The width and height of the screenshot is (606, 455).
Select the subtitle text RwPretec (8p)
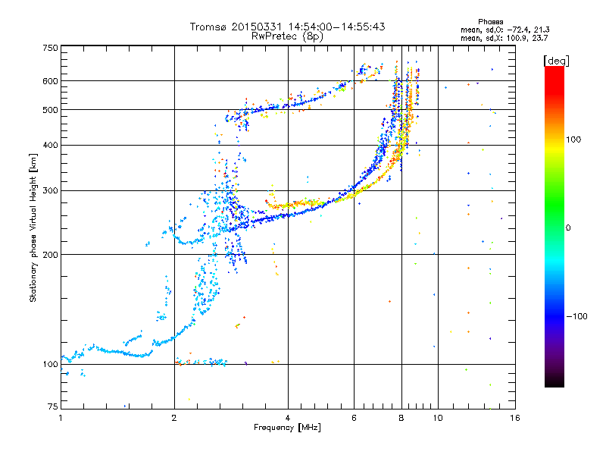point(287,36)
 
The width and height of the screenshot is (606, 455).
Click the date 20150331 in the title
point(257,27)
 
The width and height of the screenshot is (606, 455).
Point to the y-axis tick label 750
point(50,48)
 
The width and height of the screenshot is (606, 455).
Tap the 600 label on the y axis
point(50,81)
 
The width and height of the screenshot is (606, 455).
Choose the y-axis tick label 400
point(50,145)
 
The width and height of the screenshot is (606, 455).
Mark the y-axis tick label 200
point(50,255)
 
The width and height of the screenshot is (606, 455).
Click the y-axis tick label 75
point(53,406)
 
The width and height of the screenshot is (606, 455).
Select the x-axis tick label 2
point(174,418)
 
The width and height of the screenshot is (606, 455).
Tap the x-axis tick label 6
point(354,418)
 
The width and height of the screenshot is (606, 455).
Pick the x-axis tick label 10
point(438,418)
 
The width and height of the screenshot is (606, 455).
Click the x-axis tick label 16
point(515,418)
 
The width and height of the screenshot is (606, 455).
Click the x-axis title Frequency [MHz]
point(287,428)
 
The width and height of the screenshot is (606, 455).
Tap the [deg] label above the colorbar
point(556,61)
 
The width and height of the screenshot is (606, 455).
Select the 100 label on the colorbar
point(573,140)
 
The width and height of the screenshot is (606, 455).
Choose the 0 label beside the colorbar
point(568,228)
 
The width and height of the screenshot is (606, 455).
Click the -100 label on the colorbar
point(576,316)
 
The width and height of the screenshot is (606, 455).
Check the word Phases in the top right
point(490,22)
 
